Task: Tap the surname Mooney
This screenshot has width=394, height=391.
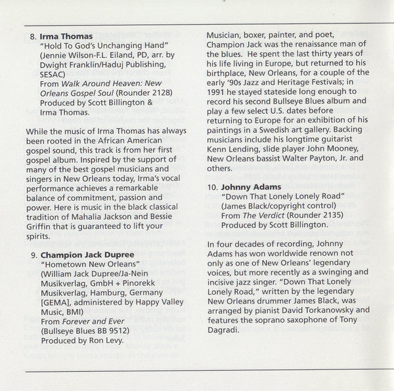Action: (338, 145)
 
